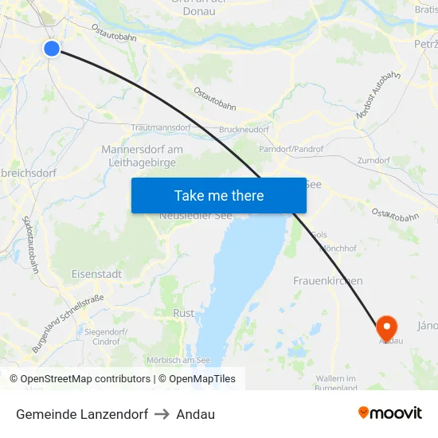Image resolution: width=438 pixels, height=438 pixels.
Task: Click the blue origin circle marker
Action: point(52,49)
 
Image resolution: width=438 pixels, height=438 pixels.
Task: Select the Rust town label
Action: point(183,313)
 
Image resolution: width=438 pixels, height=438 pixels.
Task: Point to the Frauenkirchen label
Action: point(328,280)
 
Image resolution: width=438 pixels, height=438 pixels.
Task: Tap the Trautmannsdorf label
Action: point(161,127)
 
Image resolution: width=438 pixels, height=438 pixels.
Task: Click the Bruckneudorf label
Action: point(243,129)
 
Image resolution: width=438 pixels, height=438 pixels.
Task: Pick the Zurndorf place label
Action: point(373,160)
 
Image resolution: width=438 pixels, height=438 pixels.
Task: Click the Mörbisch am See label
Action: point(178,360)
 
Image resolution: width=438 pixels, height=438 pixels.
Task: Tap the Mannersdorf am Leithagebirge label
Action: point(143,155)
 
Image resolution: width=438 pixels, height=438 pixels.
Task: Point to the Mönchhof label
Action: point(337,248)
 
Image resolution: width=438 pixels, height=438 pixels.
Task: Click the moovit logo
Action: point(390,413)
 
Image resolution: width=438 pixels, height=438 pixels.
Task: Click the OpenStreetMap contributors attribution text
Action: point(80,379)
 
